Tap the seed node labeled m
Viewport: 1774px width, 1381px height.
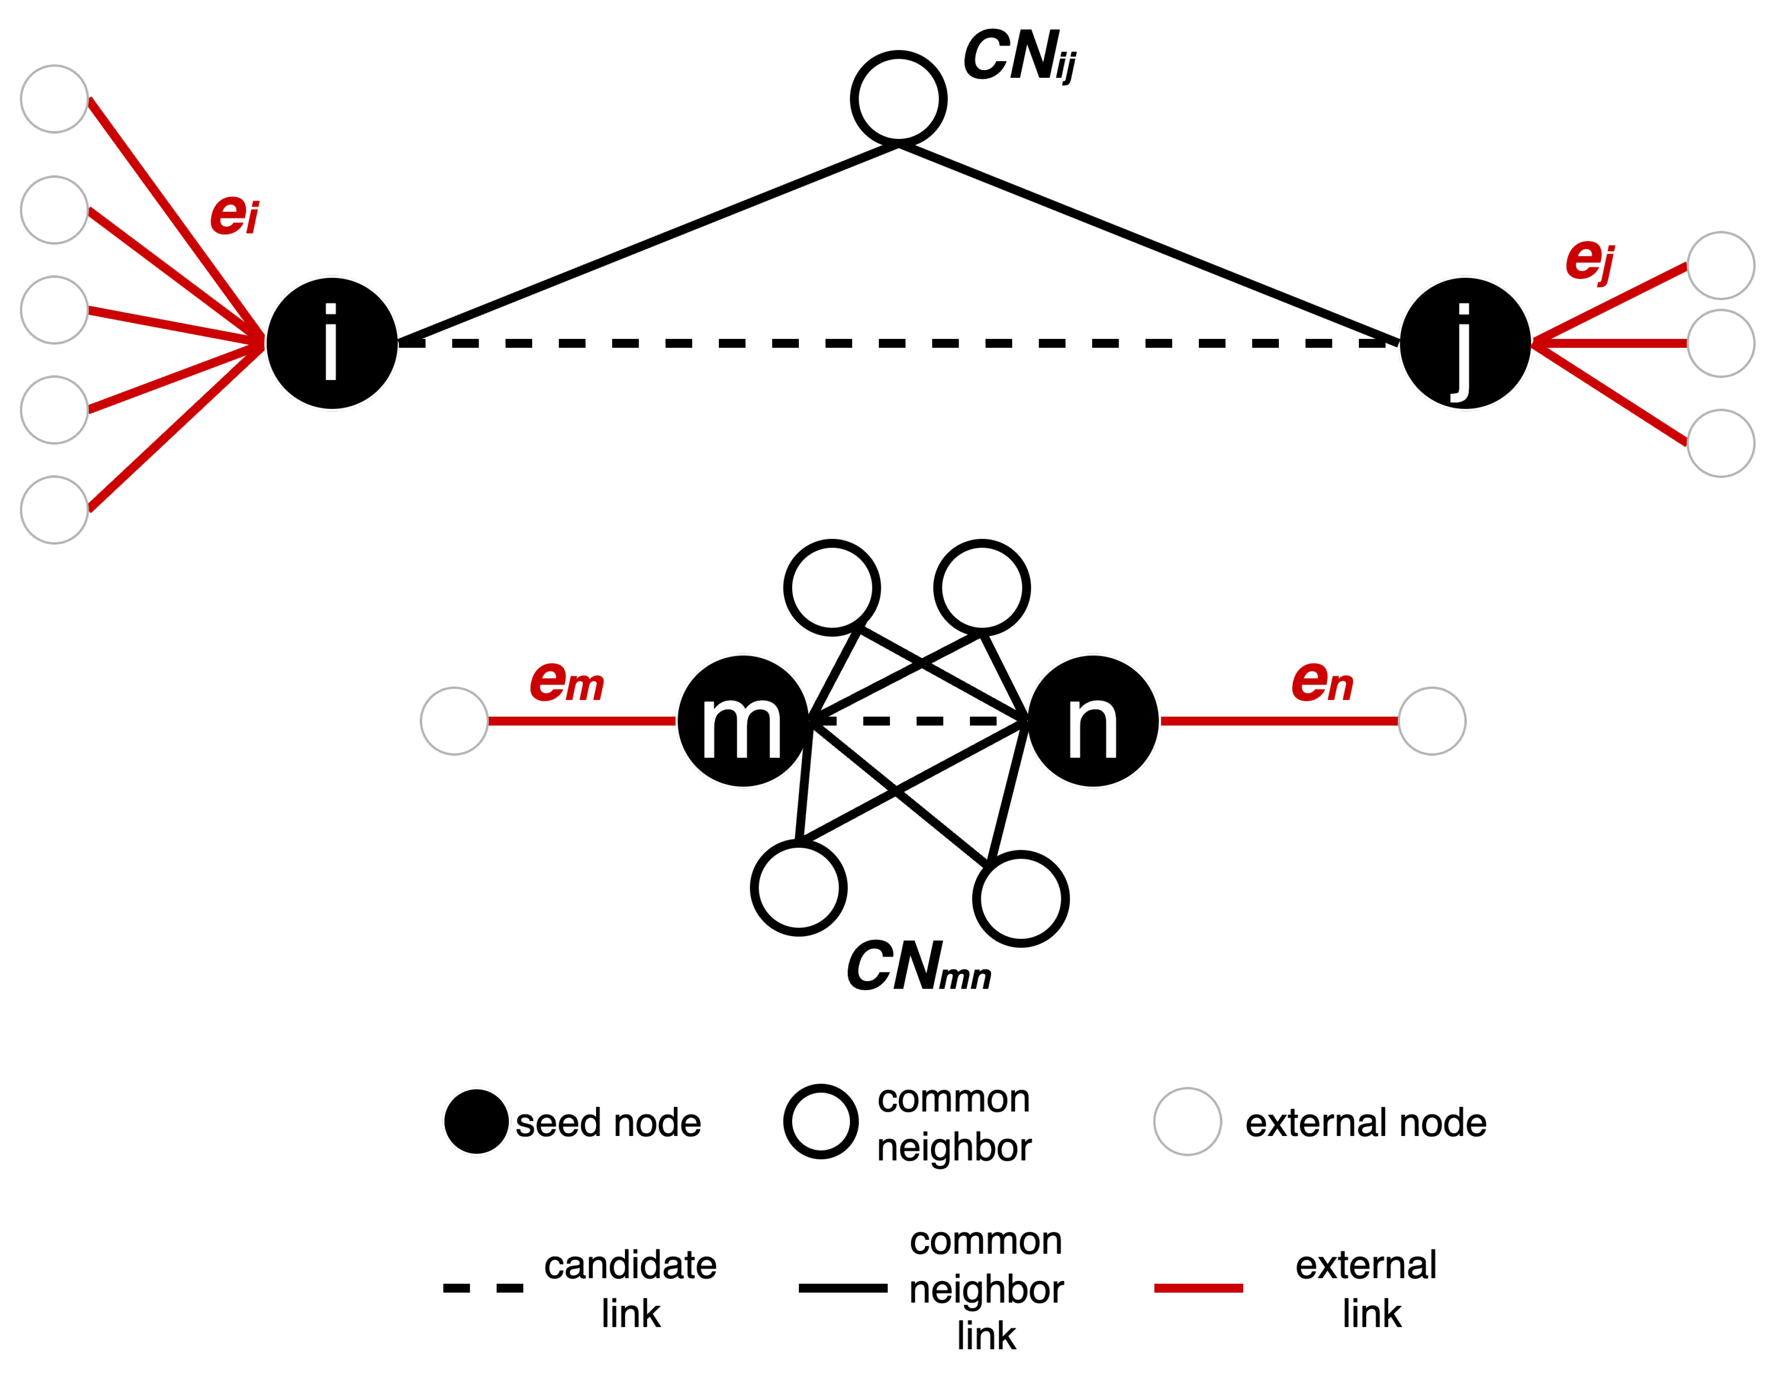pos(742,720)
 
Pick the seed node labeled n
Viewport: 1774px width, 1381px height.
pos(1093,720)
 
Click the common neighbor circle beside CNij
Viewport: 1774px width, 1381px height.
pos(898,98)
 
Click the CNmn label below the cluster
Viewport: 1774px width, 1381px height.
pos(918,967)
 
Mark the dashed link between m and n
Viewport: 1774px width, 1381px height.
pos(918,720)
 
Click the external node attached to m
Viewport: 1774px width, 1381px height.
pos(454,720)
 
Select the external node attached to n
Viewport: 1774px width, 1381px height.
pos(1431,720)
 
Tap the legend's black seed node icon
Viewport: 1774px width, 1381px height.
pos(476,1121)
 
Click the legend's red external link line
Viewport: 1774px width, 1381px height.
pos(1198,1288)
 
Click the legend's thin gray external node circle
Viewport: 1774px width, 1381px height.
pos(1187,1121)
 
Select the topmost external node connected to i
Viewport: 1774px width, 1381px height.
pos(54,98)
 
